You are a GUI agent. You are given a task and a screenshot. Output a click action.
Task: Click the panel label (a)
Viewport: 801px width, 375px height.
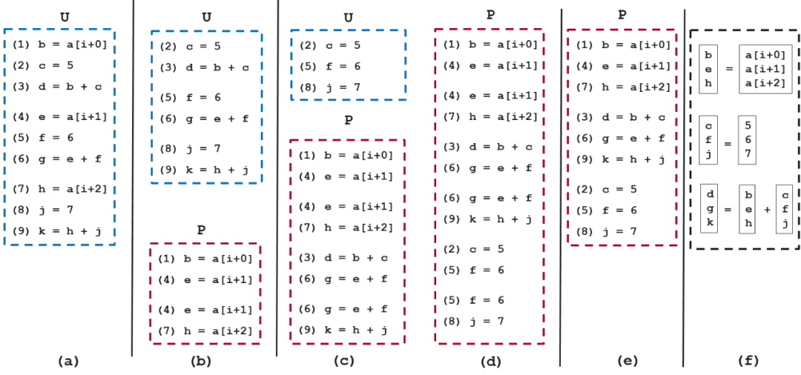[67, 361]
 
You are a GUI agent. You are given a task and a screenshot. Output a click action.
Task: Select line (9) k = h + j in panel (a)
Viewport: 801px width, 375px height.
[57, 230]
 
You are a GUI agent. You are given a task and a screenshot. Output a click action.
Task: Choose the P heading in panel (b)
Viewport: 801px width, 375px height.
[201, 229]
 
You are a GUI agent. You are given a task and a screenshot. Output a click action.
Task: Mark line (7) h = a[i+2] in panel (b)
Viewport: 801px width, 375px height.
[207, 331]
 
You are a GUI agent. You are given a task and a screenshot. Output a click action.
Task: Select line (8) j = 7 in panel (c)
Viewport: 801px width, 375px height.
[329, 87]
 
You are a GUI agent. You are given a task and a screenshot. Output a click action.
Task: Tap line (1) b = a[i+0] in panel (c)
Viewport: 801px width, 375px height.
[346, 156]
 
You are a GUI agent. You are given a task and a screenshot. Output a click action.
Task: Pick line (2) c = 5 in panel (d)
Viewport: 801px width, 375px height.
[474, 249]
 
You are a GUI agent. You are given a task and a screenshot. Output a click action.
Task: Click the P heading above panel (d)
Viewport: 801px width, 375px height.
[489, 15]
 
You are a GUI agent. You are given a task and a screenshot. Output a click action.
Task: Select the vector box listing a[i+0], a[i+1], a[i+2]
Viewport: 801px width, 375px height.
[765, 67]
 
